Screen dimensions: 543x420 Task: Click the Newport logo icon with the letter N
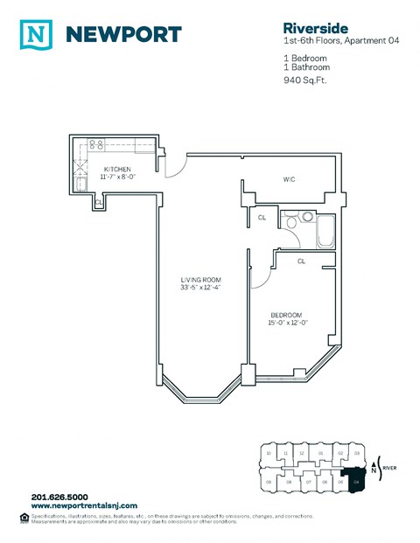36,34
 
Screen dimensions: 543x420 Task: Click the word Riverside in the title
299,26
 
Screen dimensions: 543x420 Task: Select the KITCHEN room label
118,168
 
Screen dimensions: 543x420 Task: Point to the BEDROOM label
286,315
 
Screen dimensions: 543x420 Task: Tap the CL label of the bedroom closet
301,261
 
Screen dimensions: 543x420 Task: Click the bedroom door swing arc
257,278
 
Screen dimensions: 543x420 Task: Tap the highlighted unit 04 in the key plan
356,481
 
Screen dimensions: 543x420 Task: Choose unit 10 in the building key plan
269,453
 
